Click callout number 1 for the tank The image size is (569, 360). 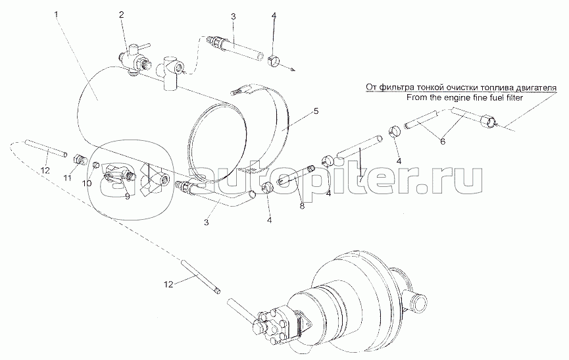coord(57,15)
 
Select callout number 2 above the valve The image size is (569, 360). coord(121,14)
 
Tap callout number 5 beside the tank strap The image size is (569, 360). coord(316,111)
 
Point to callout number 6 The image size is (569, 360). coord(442,142)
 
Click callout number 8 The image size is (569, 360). coord(303,206)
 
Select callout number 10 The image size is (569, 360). coord(86,183)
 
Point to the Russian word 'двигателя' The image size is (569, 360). coord(536,88)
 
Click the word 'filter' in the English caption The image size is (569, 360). coord(514,97)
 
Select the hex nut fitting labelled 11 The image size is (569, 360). coord(79,159)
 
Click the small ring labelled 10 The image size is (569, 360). coord(96,165)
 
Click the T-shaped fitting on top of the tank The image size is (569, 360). coord(170,72)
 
